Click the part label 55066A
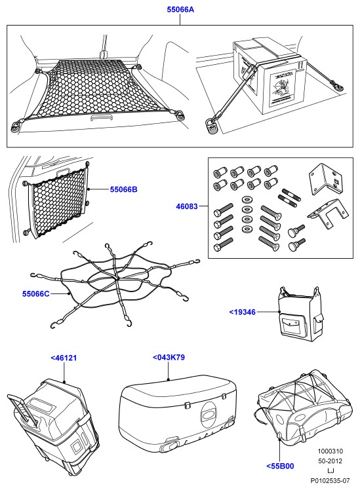(180, 10)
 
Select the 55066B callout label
(123, 189)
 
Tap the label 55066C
(35, 293)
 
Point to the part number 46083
(187, 206)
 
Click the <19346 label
(243, 312)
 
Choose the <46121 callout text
(64, 358)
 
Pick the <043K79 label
(169, 357)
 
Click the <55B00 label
(280, 466)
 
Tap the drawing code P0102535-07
(330, 480)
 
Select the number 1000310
(330, 451)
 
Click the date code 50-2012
(330, 461)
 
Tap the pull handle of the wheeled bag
(22, 409)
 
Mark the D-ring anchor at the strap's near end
(212, 125)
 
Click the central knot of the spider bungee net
(118, 277)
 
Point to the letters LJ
(330, 470)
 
